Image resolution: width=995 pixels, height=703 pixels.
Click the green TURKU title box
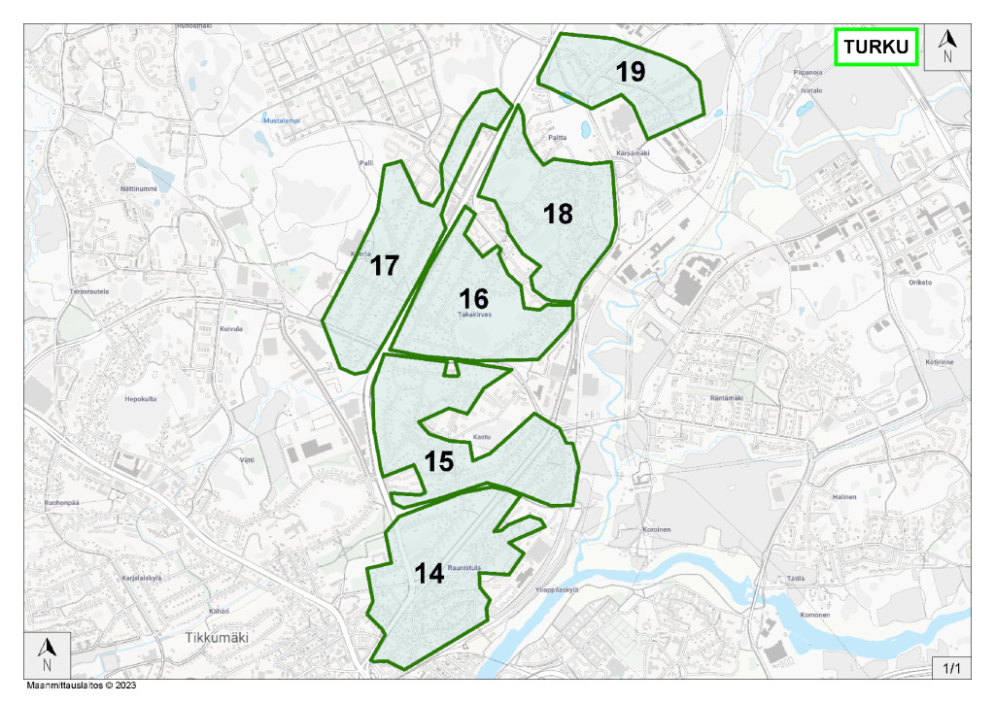(875, 47)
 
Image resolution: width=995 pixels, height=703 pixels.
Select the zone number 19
(631, 71)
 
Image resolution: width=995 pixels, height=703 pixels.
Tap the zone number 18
(558, 214)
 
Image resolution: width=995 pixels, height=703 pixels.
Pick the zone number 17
(386, 265)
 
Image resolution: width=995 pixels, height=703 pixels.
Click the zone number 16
(474, 298)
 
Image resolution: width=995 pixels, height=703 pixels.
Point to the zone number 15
(439, 461)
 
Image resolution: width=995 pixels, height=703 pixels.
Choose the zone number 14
(429, 574)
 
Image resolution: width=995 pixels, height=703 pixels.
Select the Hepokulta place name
(141, 399)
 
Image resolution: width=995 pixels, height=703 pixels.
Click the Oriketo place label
(919, 283)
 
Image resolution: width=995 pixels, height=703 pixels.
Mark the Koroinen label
(657, 530)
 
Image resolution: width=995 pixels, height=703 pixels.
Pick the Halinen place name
(842, 496)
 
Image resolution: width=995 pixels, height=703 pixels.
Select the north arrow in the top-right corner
(948, 46)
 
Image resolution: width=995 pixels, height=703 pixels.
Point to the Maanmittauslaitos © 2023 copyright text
(82, 686)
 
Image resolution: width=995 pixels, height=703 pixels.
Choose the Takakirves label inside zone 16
(476, 315)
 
